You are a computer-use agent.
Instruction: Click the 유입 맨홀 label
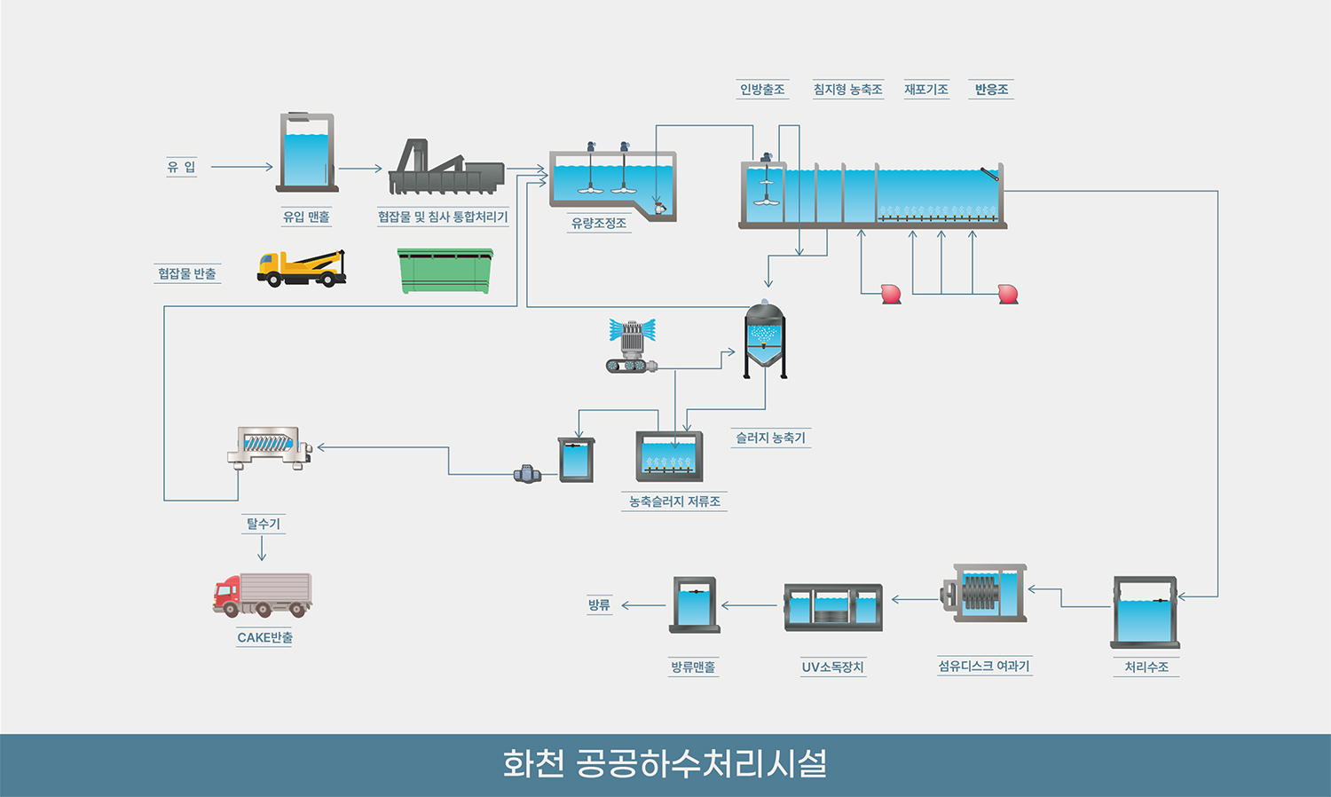[306, 217]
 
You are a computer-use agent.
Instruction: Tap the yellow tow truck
[301, 268]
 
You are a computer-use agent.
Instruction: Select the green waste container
[445, 271]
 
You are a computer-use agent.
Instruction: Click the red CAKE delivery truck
[263, 595]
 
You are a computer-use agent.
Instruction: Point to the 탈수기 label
[264, 524]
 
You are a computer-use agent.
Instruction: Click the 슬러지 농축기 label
[770, 438]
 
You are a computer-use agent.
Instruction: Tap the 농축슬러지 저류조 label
[674, 501]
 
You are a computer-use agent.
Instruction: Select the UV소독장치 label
[832, 667]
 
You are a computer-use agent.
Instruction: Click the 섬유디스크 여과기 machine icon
[983, 592]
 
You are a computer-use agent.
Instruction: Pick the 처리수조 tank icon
[1146, 612]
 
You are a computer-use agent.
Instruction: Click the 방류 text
[599, 605]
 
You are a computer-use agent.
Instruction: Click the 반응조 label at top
[991, 90]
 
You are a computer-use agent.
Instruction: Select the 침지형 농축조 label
[847, 90]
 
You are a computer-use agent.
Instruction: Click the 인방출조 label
[762, 90]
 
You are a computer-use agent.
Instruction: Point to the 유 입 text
[181, 167]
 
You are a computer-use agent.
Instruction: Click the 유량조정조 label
[599, 224]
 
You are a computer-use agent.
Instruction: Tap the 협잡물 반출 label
[187, 273]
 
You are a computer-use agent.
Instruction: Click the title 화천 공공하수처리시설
[665, 764]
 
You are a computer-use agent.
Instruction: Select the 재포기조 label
[926, 90]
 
